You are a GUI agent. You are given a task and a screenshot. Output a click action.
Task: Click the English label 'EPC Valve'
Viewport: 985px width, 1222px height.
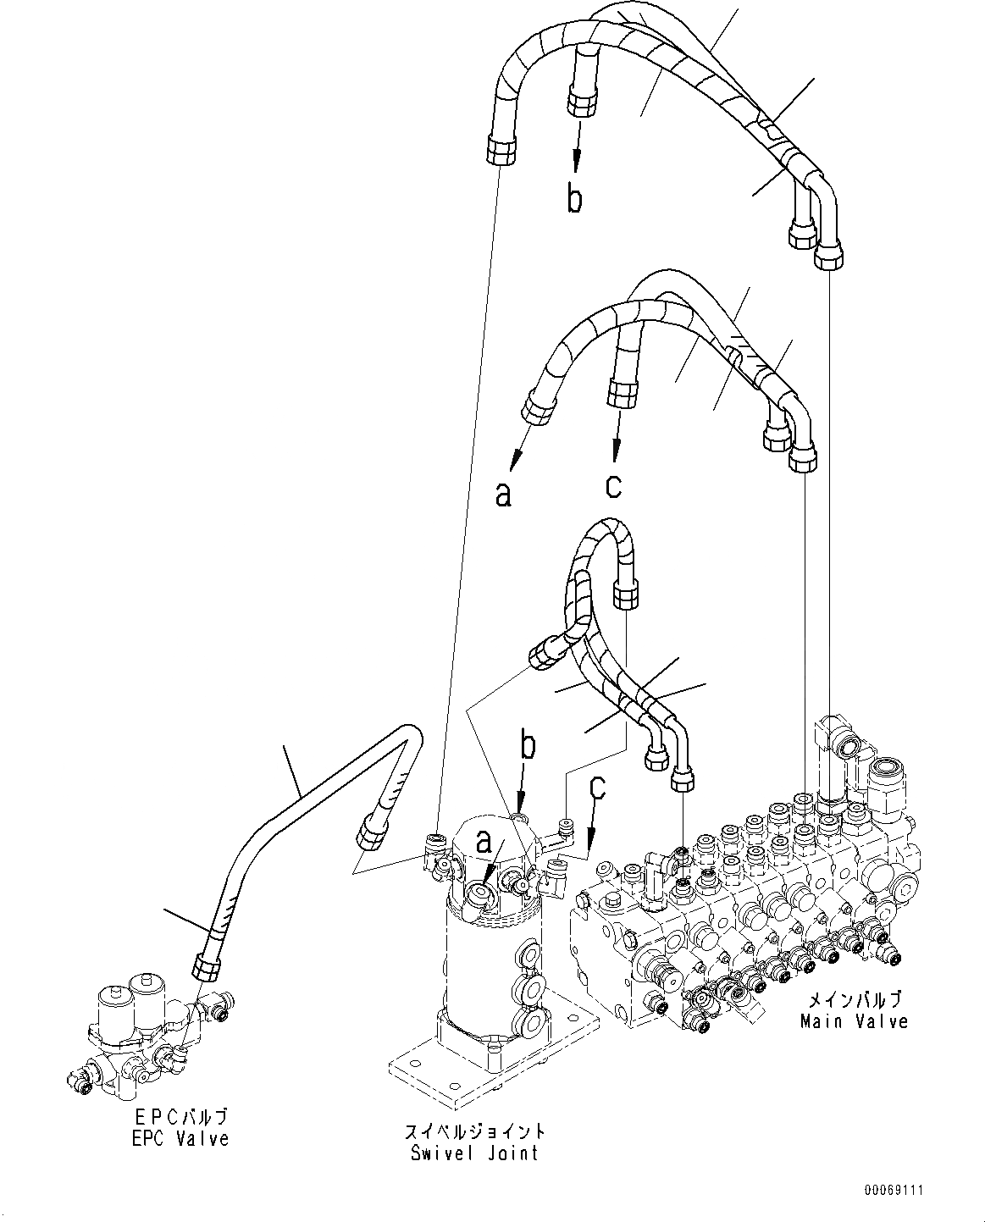click(x=180, y=1139)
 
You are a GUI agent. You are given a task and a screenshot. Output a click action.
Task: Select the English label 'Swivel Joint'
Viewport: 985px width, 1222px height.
click(x=474, y=1153)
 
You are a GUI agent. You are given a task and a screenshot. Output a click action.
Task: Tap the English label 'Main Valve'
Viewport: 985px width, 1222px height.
click(x=854, y=1021)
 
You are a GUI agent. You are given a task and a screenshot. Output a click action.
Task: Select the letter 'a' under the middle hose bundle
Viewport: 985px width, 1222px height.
click(x=503, y=494)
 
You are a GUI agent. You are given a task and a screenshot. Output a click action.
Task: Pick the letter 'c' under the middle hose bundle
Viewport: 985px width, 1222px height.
click(x=613, y=485)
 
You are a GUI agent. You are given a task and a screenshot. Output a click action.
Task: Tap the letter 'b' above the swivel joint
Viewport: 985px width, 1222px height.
click(x=527, y=747)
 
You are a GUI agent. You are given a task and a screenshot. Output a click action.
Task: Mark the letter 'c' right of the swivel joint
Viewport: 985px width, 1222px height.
click(x=598, y=788)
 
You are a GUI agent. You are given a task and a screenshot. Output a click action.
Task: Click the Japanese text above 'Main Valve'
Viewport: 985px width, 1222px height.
click(x=854, y=1000)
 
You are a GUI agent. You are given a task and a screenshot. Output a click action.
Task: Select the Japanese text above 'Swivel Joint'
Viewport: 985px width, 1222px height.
click(x=474, y=1131)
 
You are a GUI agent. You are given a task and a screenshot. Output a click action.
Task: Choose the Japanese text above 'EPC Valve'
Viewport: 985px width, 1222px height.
click(x=180, y=1118)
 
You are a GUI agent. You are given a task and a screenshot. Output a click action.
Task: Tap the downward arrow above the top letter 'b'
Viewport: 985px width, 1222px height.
click(x=578, y=147)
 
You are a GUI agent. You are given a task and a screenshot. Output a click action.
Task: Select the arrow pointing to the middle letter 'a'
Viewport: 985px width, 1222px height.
click(x=521, y=445)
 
